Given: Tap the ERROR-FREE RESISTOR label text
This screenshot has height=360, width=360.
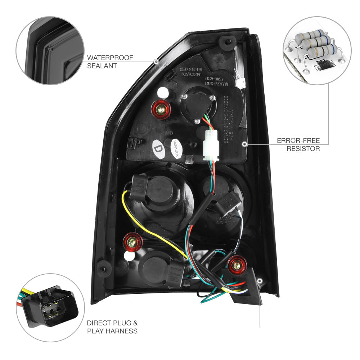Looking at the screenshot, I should [x=298, y=145].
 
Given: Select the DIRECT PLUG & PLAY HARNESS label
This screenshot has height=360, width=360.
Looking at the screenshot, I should [x=112, y=327].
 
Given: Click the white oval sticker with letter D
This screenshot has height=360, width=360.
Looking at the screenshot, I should [x=158, y=149].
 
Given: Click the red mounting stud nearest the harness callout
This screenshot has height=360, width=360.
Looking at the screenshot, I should [x=236, y=266].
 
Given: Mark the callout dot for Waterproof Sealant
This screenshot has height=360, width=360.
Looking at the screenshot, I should [x=156, y=62].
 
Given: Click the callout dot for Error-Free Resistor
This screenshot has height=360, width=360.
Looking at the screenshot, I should [x=245, y=144].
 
